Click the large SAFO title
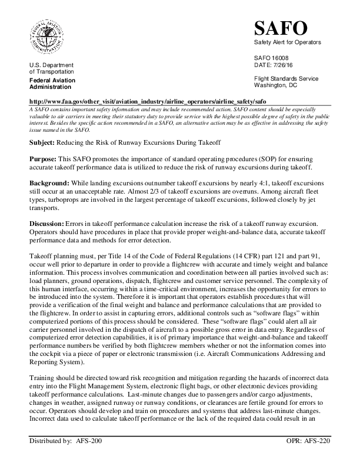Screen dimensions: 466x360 280,28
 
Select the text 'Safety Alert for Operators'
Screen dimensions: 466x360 285,45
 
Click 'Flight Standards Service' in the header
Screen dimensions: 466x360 286,79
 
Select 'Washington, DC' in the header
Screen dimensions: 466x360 275,86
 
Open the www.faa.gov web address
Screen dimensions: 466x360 148,101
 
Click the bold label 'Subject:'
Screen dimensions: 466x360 43,144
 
